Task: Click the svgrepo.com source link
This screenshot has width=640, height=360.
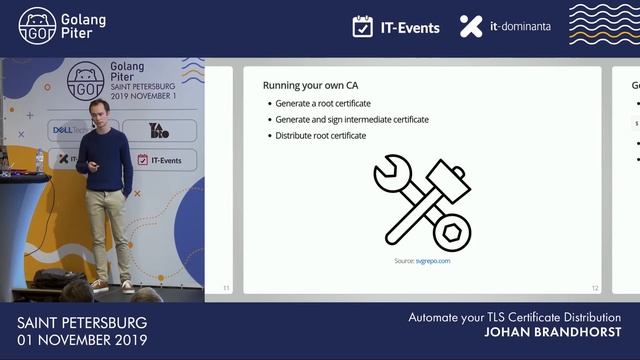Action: (x=430, y=260)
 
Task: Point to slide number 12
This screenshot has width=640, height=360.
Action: (x=595, y=288)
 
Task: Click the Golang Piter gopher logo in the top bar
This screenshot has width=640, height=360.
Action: (x=37, y=27)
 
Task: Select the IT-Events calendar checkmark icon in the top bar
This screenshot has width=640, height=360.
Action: (x=363, y=27)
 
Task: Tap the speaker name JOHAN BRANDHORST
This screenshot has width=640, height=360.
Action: (x=552, y=332)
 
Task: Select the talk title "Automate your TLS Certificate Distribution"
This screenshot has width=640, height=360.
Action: (x=514, y=317)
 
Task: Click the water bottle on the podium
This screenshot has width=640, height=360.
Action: (x=39, y=160)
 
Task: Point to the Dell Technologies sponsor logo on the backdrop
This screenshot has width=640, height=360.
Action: (x=71, y=130)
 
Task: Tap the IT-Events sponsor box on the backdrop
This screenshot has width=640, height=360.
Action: (x=165, y=159)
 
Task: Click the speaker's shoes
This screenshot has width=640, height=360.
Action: (x=112, y=286)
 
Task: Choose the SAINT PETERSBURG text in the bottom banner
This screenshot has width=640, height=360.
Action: (x=82, y=322)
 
